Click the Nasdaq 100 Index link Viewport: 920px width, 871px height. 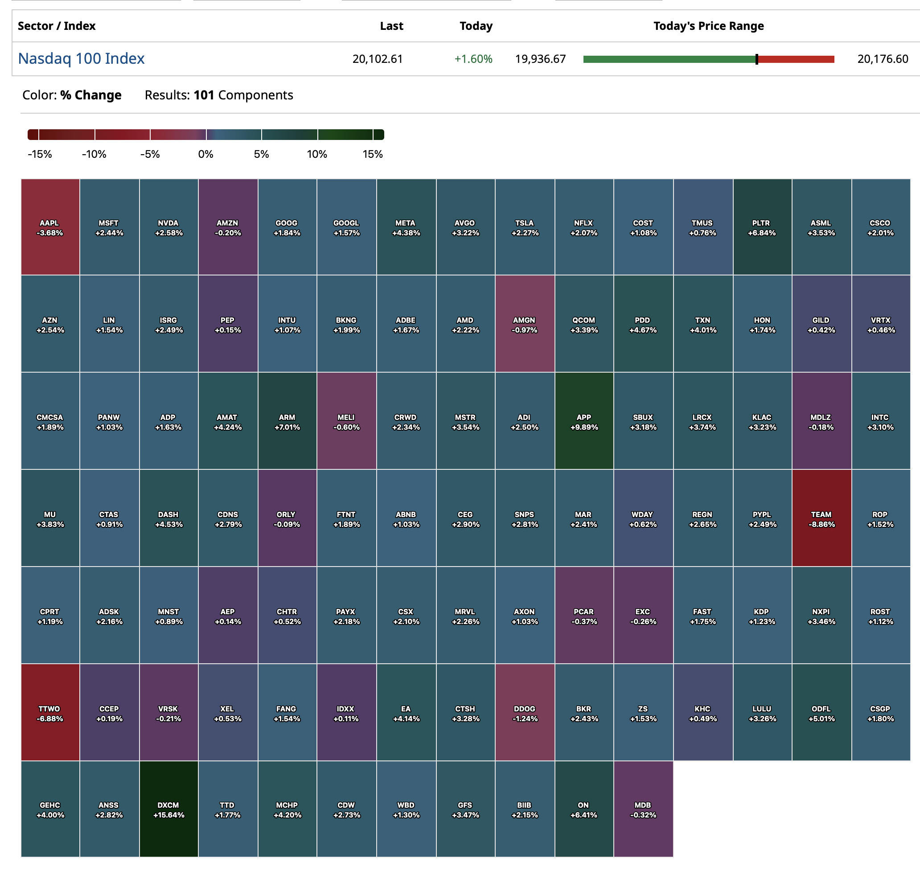tap(81, 58)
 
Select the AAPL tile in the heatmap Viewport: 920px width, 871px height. tap(49, 227)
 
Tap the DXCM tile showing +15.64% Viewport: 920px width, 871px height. tap(168, 810)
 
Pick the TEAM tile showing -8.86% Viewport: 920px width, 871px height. tap(821, 518)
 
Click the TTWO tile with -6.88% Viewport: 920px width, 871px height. tap(49, 713)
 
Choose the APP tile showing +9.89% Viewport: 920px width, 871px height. tap(584, 422)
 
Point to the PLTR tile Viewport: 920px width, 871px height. tap(762, 227)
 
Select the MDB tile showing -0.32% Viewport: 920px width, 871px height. tap(643, 810)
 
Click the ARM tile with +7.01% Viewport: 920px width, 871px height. tap(287, 422)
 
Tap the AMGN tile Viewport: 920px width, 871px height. tap(525, 325)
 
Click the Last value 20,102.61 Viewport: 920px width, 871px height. tap(378, 59)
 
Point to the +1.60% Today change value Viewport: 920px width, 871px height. tap(473, 59)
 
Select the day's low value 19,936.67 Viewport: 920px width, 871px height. tap(540, 59)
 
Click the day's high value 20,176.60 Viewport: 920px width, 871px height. tap(883, 59)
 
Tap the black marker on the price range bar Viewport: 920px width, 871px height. tap(756, 59)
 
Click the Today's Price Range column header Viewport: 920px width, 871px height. tap(708, 26)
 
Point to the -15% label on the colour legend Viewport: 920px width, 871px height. tap(40, 154)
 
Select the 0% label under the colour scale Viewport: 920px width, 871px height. tap(205, 154)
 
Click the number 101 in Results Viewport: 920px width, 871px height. tap(204, 95)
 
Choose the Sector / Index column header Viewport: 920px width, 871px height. tap(57, 26)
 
